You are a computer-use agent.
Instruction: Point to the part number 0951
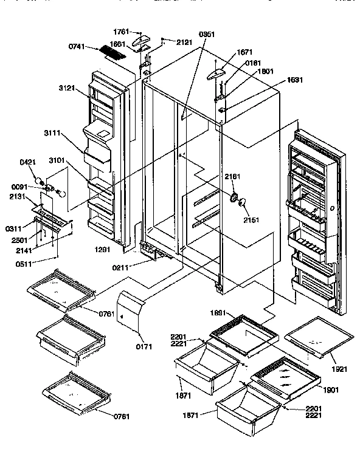[x=207, y=34]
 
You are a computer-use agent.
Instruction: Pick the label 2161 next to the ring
[x=233, y=177]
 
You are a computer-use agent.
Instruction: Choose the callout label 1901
[x=331, y=389]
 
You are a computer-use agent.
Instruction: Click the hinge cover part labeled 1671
[x=215, y=74]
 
